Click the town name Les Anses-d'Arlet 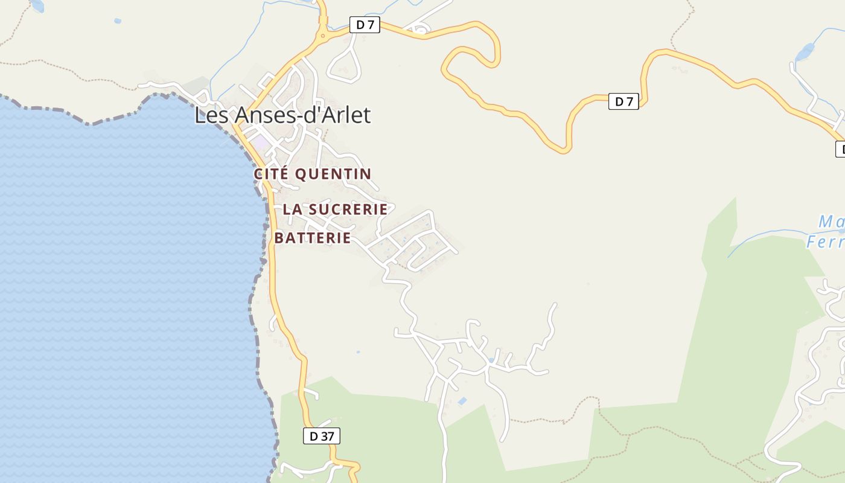pyautogui.click(x=282, y=115)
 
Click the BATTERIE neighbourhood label pyautogui.click(x=313, y=238)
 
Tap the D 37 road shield pyautogui.click(x=321, y=436)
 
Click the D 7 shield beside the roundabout pyautogui.click(x=365, y=25)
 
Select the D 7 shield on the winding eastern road pyautogui.click(x=623, y=101)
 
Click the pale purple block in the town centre pyautogui.click(x=261, y=144)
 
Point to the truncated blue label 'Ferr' pyautogui.click(x=825, y=242)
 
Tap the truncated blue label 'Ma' pyautogui.click(x=831, y=222)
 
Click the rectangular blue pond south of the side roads pyautogui.click(x=462, y=401)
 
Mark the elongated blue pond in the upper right pyautogui.click(x=805, y=52)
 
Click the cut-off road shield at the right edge pyautogui.click(x=840, y=149)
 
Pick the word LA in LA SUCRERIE pyautogui.click(x=292, y=210)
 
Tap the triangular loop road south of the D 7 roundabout pyautogui.click(x=345, y=63)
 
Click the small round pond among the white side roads pyautogui.click(x=491, y=360)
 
